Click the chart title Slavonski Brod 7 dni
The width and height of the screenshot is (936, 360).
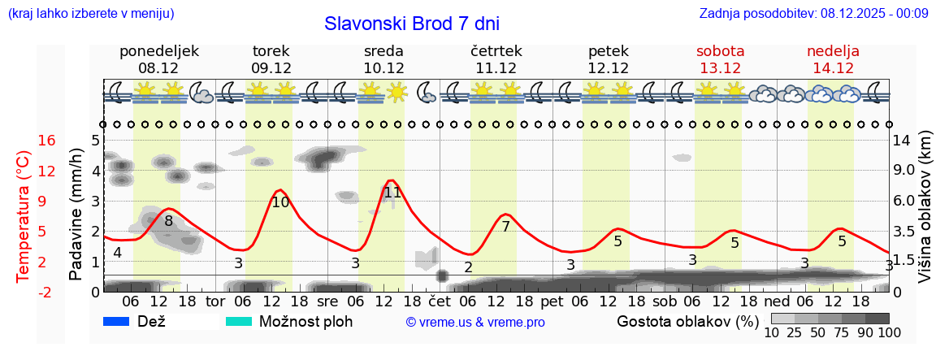click(x=411, y=24)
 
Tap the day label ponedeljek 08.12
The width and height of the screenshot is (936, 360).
click(x=158, y=59)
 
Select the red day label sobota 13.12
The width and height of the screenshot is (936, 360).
click(x=720, y=59)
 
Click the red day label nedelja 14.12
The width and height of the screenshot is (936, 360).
click(x=833, y=59)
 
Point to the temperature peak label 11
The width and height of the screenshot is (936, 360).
click(x=392, y=193)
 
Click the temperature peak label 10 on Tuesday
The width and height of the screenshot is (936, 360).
click(x=280, y=202)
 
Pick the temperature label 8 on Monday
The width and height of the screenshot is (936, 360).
click(x=169, y=220)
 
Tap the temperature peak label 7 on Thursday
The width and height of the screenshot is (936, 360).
click(x=505, y=227)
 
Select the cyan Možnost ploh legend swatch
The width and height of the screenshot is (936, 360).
click(x=240, y=322)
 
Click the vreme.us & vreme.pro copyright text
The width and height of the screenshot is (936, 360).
click(x=475, y=323)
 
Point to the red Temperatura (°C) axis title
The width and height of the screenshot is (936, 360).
click(x=24, y=216)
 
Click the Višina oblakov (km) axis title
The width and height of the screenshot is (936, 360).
click(x=925, y=216)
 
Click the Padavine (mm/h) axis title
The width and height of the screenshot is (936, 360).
click(x=76, y=214)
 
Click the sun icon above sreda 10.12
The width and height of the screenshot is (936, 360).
click(x=396, y=91)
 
